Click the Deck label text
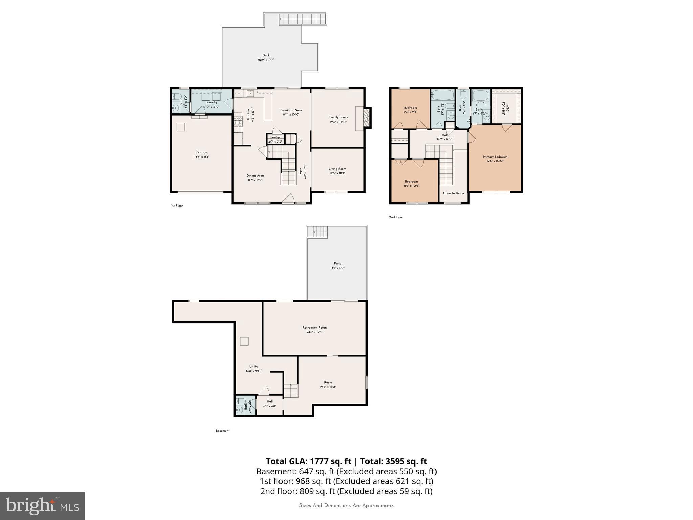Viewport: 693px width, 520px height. click(266, 55)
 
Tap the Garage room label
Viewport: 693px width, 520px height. click(202, 152)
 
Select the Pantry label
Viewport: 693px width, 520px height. click(275, 137)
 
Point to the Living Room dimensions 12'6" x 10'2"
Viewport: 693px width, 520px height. click(337, 173)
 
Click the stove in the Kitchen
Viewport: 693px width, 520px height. click(238, 122)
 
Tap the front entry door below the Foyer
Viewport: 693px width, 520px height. click(288, 200)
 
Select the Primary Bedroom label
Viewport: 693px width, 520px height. click(495, 157)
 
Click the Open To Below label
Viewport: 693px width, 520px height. click(453, 193)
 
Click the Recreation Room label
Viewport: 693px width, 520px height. click(314, 328)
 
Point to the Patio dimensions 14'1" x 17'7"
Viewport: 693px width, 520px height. click(337, 268)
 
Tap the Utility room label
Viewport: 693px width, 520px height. click(253, 366)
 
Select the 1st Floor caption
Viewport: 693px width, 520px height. click(177, 206)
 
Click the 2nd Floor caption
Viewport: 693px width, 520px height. click(396, 217)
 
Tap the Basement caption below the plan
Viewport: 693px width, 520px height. click(223, 431)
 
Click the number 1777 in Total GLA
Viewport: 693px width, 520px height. click(318, 461)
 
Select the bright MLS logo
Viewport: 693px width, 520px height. click(42, 506)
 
